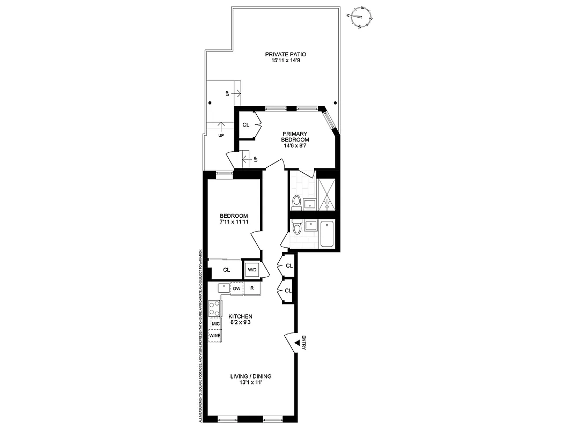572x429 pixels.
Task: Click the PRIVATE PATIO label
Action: [x=286, y=54]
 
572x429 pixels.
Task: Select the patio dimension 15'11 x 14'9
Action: [x=286, y=61]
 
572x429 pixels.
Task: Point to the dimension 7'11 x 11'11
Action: [x=233, y=221]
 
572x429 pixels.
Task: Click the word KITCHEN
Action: [x=240, y=316]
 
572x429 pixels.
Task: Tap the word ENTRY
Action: [x=304, y=343]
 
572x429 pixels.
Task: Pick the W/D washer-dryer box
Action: [x=251, y=270]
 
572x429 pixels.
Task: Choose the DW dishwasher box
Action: [x=236, y=289]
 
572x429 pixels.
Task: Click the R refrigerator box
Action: [x=252, y=289]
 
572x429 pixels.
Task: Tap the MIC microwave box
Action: [x=216, y=324]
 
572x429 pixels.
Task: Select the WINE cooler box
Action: [x=216, y=336]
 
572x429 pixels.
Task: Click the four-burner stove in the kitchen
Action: [x=214, y=308]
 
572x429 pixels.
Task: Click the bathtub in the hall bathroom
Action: [x=327, y=234]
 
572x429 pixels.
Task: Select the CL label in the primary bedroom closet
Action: [x=246, y=125]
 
